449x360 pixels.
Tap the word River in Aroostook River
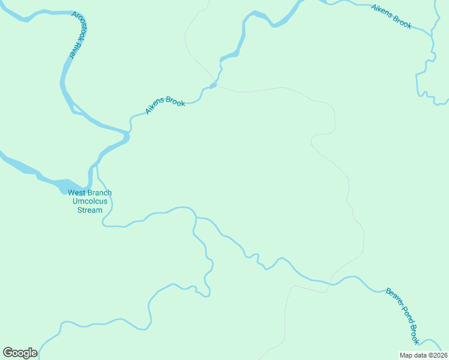coord(71,51)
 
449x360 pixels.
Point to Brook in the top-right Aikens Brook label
coord(402,22)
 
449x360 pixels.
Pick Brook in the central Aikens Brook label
coord(175,102)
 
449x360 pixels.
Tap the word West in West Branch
coord(76,193)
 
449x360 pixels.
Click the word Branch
coord(99,193)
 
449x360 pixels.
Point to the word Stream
coord(89,210)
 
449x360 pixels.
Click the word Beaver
coord(393,298)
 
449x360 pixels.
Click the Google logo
coord(20,353)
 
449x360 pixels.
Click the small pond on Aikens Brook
coord(212,85)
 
